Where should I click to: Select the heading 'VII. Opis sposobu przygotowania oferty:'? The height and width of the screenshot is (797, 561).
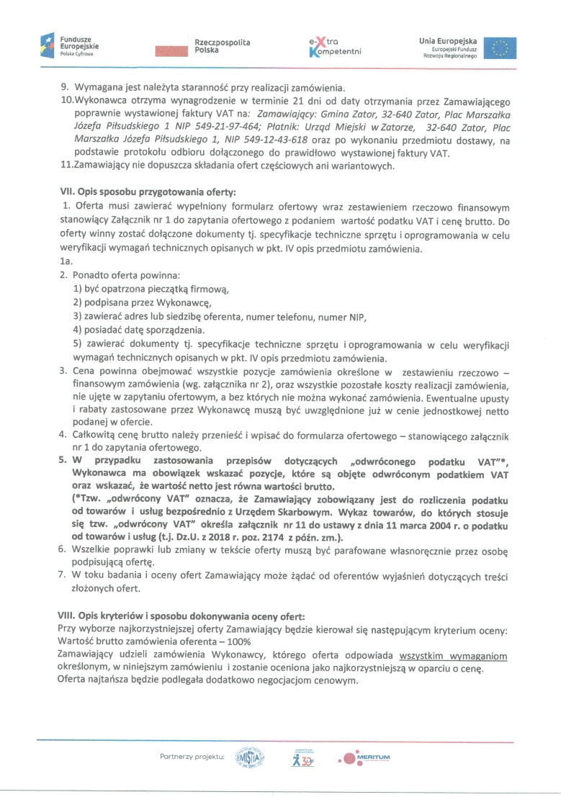pyautogui.click(x=147, y=192)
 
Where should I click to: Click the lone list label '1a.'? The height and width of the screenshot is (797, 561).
pyautogui.click(x=67, y=262)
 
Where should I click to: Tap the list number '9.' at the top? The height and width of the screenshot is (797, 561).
pyautogui.click(x=64, y=88)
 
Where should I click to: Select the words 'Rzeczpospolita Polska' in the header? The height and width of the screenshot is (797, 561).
pyautogui.click(x=222, y=47)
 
